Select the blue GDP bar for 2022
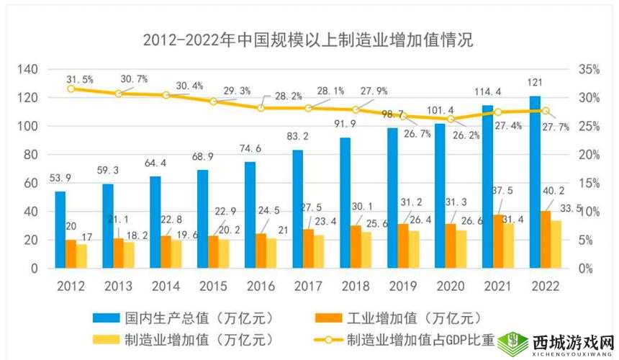coord(535,181)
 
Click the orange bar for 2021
coord(498,241)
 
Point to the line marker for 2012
coord(71,89)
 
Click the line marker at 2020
coord(451,119)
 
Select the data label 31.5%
coord(80,79)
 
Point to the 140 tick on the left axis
coord(27,69)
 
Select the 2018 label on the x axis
coord(356,286)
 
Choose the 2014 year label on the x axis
coord(166,286)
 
